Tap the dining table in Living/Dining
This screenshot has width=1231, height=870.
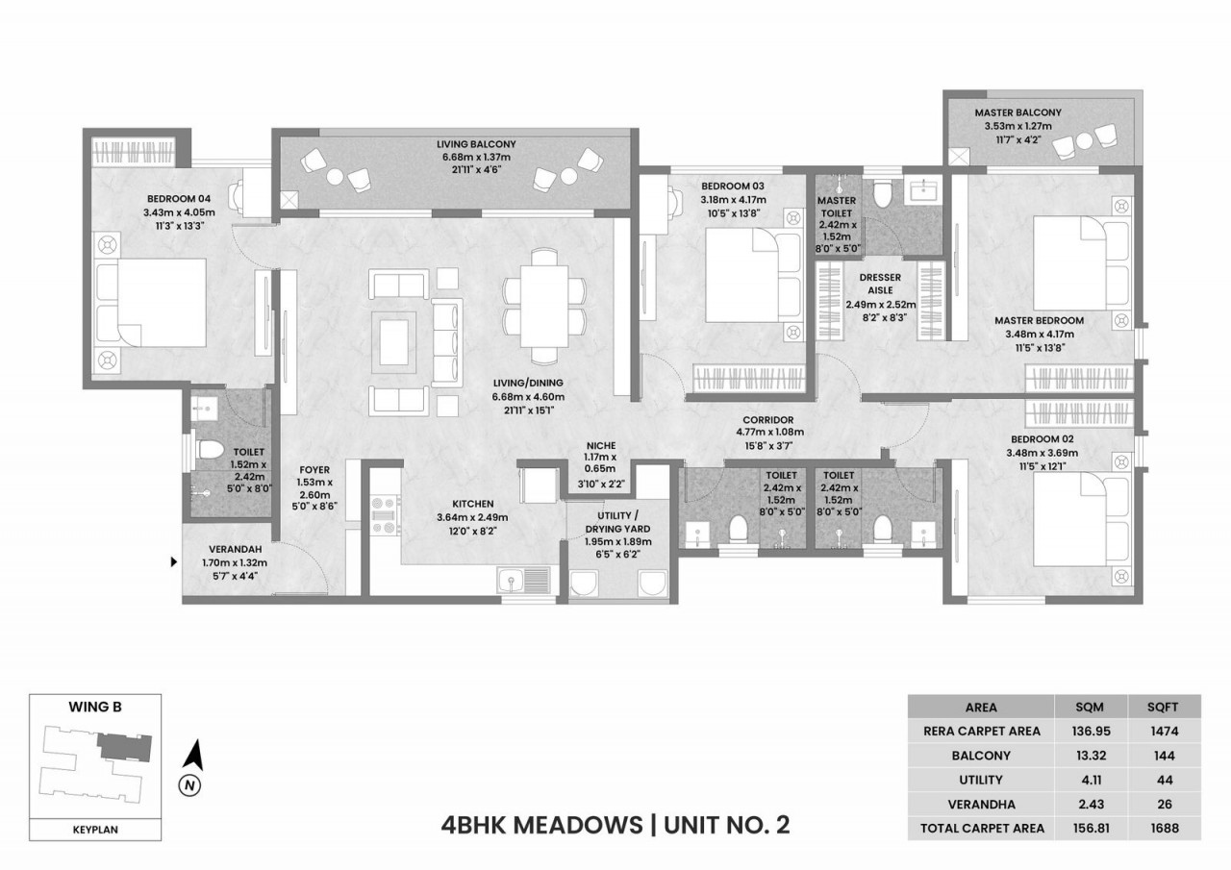(x=544, y=300)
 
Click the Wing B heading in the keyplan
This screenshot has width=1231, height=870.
(x=95, y=707)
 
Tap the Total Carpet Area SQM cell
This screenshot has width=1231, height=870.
(x=1092, y=827)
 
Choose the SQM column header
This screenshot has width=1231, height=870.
(x=1092, y=707)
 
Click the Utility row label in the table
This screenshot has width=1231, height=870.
(x=980, y=779)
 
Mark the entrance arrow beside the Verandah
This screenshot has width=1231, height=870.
(x=174, y=560)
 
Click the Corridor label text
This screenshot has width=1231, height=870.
(x=767, y=420)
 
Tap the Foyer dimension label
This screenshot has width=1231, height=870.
(x=314, y=490)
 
